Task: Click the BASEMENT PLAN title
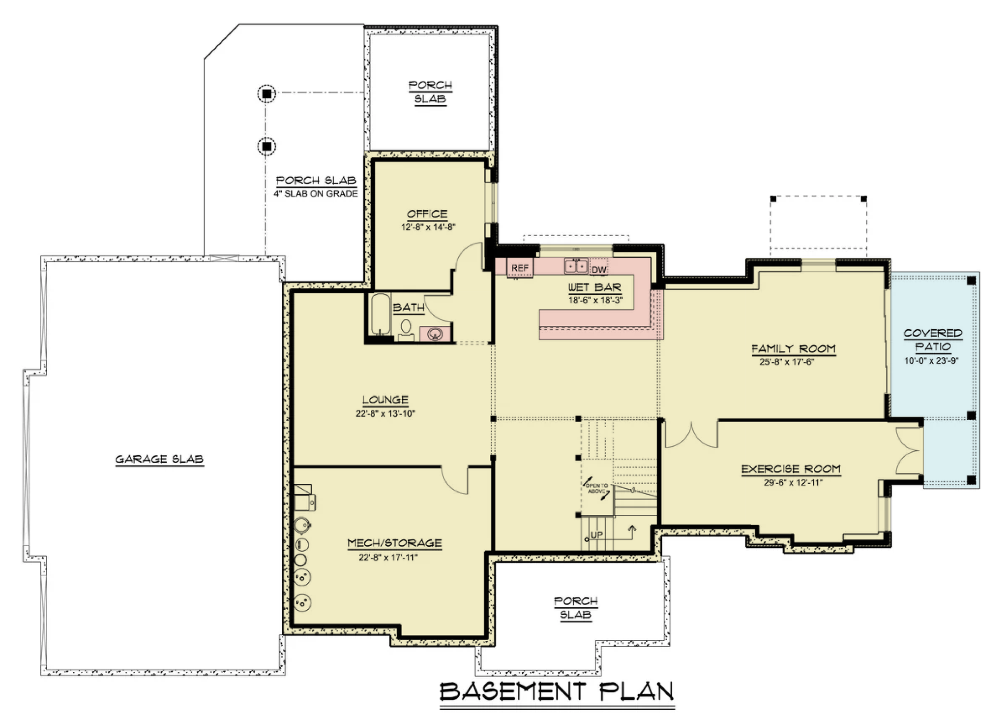(557, 691)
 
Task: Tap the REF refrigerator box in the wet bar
(520, 268)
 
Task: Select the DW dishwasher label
(599, 270)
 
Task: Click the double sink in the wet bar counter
(576, 266)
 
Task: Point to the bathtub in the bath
(380, 314)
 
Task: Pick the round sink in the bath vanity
(435, 334)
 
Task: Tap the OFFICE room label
(427, 214)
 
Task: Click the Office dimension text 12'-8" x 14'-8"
(428, 227)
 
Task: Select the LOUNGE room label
(385, 400)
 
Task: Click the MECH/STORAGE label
(395, 543)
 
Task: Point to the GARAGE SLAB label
(159, 459)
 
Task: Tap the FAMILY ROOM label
(793, 349)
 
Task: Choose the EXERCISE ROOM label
(791, 469)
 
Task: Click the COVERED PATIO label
(933, 340)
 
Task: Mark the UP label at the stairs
(596, 535)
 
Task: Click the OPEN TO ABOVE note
(597, 488)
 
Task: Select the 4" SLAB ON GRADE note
(316, 194)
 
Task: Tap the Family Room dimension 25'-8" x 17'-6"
(787, 362)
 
